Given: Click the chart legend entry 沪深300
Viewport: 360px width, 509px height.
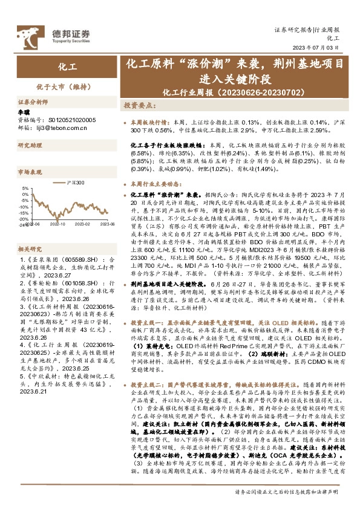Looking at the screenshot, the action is [x=75, y=182].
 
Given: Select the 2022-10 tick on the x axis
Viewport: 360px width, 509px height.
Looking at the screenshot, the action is [x=57, y=224].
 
